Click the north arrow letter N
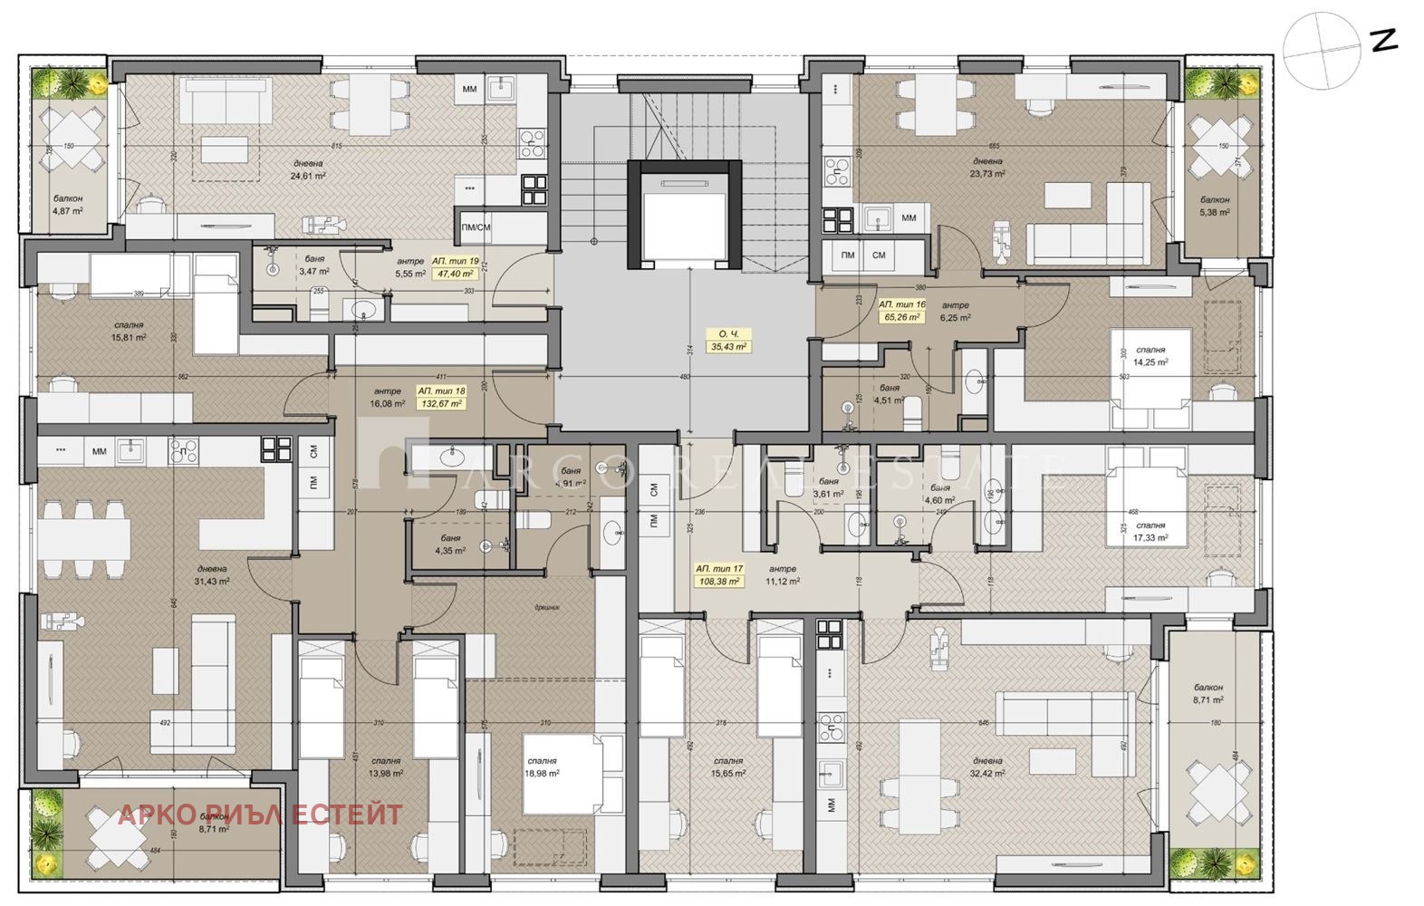tap(1384, 42)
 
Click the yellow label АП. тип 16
tap(901, 305)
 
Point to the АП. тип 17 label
tap(719, 569)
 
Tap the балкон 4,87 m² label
tap(68, 204)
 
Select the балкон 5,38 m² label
tap(1215, 206)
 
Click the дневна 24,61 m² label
tap(308, 169)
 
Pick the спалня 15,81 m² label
tap(129, 330)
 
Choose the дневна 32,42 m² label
tap(986, 767)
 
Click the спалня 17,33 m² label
tap(1150, 531)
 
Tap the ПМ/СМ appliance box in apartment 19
tap(476, 227)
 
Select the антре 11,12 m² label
tap(782, 575)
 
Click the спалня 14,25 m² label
tap(1150, 355)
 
